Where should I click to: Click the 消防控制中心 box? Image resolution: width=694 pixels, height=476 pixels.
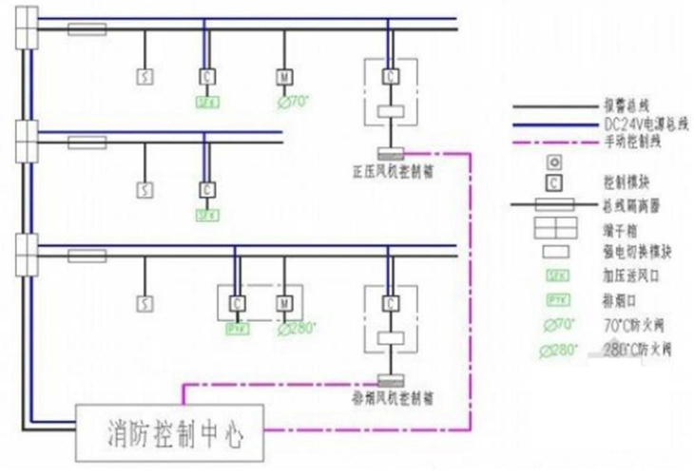[x=171, y=433]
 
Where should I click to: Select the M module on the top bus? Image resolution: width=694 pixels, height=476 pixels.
[x=284, y=77]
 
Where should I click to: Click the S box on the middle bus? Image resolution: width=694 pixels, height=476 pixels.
[x=145, y=191]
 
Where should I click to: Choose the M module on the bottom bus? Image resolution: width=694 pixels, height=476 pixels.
[x=284, y=304]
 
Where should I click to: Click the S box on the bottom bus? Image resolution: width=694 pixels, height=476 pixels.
[x=145, y=305]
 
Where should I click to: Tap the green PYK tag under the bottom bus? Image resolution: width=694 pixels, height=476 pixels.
[x=234, y=330]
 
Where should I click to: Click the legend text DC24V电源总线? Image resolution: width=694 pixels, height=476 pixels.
[x=641, y=124]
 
